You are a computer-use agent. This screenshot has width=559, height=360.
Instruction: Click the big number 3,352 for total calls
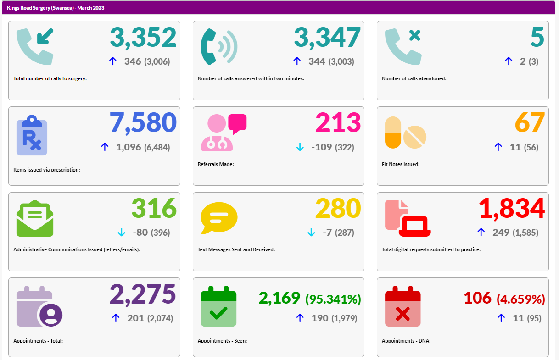pyautogui.click(x=143, y=38)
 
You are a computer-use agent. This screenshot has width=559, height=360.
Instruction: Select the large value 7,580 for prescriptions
pyautogui.click(x=143, y=123)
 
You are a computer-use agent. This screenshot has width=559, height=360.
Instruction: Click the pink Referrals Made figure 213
pyautogui.click(x=338, y=123)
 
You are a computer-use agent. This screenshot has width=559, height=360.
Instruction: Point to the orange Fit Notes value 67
pyautogui.click(x=530, y=123)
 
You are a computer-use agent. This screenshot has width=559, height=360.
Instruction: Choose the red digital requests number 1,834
pyautogui.click(x=512, y=209)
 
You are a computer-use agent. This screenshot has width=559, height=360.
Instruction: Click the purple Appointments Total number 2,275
pyautogui.click(x=143, y=294)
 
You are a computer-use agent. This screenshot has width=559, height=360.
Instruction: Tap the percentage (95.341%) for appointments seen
pyautogui.click(x=333, y=299)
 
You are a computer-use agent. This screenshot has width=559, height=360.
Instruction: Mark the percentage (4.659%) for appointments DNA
pyautogui.click(x=521, y=299)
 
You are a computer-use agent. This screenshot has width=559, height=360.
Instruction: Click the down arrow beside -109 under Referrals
pyautogui.click(x=300, y=147)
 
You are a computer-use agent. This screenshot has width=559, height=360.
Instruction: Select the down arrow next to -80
pyautogui.click(x=122, y=233)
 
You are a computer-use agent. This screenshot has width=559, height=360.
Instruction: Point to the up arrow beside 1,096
pyautogui.click(x=105, y=147)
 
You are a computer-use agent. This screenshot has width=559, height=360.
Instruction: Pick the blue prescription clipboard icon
pyautogui.click(x=32, y=136)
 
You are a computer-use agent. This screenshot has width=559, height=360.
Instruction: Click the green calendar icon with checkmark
pyautogui.click(x=218, y=306)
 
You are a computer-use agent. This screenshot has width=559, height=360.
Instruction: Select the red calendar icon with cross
pyautogui.click(x=402, y=306)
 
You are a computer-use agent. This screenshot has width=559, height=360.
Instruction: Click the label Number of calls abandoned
pyautogui.click(x=414, y=78)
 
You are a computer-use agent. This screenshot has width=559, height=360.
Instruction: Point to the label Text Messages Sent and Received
pyautogui.click(x=236, y=250)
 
